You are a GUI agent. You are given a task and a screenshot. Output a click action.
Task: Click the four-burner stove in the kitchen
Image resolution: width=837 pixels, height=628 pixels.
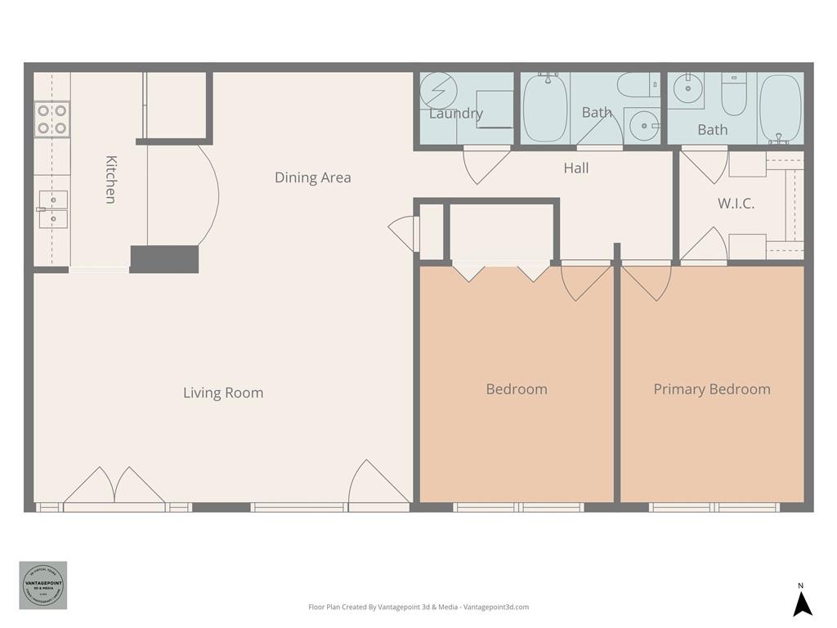click(x=51, y=119)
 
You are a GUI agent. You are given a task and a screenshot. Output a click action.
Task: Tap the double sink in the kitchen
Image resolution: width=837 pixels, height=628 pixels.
click(x=53, y=209)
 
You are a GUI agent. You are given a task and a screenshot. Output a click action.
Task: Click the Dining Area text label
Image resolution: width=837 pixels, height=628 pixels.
click(x=312, y=177)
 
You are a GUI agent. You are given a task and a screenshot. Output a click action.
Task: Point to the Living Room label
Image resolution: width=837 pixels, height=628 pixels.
click(x=223, y=392)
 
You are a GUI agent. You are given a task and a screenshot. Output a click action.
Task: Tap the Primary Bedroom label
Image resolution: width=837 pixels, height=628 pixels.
click(x=711, y=389)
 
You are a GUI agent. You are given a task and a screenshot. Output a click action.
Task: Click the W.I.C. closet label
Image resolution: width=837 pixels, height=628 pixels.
click(x=736, y=204)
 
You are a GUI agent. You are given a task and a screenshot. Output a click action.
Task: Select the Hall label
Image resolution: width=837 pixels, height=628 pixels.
click(x=575, y=168)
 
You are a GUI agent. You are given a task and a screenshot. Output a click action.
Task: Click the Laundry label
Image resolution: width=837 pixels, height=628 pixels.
click(x=455, y=114)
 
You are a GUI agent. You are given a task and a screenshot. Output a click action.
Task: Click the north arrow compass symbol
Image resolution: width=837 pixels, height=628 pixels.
click(x=803, y=603)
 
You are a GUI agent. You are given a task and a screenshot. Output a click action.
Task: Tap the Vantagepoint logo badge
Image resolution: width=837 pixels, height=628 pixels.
click(x=43, y=585)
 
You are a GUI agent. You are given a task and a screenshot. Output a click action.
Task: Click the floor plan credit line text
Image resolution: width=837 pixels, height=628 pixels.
click(x=418, y=607)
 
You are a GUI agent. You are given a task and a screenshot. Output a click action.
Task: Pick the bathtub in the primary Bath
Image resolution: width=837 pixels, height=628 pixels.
click(x=779, y=108)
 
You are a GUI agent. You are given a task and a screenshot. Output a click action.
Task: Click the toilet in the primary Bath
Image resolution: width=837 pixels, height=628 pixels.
click(x=734, y=96)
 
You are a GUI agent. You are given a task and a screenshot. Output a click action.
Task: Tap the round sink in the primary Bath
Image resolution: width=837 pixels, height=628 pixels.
click(x=687, y=87)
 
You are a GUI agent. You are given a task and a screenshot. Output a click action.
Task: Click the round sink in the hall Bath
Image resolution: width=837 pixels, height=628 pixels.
click(x=644, y=126)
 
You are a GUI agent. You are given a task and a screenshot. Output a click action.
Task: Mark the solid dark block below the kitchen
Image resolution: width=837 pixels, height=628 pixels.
click(x=164, y=258)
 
